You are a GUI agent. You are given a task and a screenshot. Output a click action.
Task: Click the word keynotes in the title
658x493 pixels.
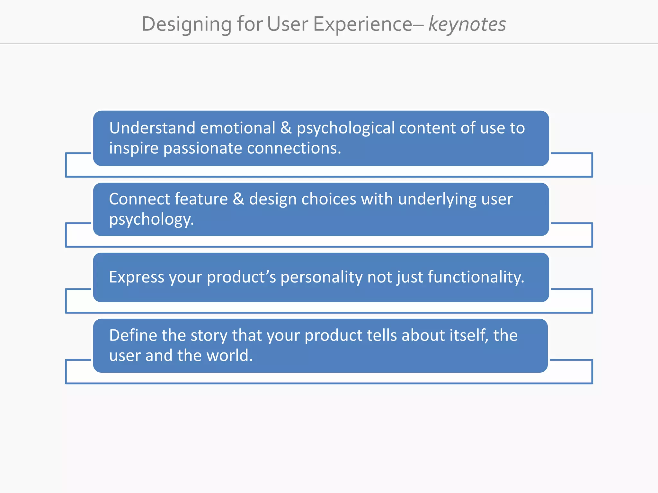pos(467,24)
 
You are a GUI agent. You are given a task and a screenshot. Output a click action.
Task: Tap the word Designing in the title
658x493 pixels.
pos(186,24)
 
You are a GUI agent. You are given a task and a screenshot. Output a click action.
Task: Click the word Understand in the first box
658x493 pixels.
pos(152,128)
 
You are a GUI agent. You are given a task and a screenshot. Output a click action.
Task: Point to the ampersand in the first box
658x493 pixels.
pos(286,128)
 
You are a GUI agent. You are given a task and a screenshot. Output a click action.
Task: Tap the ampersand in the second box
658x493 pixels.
pos(238,199)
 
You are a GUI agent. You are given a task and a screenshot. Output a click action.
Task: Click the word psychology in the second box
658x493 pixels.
pos(151,220)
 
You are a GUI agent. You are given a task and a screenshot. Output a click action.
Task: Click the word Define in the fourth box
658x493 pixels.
pos(133,335)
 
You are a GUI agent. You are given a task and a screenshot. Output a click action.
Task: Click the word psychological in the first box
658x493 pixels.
pos(345,128)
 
